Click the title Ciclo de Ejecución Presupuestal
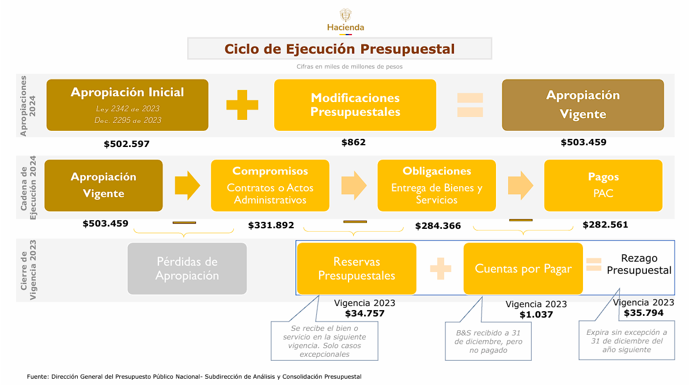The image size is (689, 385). [339, 49]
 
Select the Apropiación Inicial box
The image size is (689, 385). [127, 105]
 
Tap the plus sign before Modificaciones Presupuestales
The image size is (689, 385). [242, 105]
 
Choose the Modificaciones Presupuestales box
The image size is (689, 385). [355, 105]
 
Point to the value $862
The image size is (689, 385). [353, 142]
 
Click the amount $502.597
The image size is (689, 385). [127, 144]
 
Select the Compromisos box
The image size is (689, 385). [270, 186]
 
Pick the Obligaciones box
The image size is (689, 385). [437, 186]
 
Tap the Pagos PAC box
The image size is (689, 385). [603, 186]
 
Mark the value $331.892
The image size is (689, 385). [271, 225]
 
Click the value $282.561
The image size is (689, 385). [605, 225]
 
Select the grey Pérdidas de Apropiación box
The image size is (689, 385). [187, 269]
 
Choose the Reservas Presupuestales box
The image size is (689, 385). [357, 269]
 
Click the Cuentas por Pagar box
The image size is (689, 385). [523, 269]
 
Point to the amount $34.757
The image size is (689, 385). [365, 314]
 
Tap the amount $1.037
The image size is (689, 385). [536, 315]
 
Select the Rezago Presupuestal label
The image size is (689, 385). [639, 265]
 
